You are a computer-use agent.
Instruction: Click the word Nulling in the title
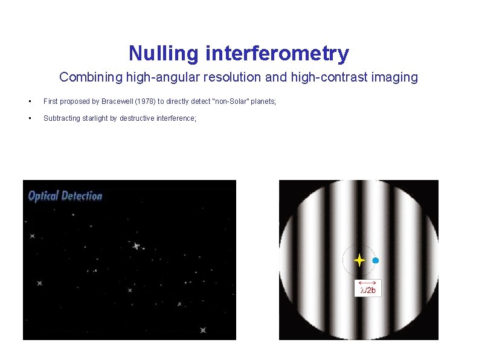(x=164, y=54)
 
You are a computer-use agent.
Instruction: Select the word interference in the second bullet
(x=175, y=118)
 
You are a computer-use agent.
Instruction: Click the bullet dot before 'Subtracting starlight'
(x=29, y=118)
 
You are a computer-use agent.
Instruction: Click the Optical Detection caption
(x=65, y=196)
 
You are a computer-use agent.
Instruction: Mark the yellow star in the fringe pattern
(x=359, y=260)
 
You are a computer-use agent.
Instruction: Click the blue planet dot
(x=375, y=260)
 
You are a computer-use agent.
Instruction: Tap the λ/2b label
(x=368, y=291)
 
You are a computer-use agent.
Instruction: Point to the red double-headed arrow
(x=367, y=282)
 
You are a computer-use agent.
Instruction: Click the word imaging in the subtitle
(x=398, y=77)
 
